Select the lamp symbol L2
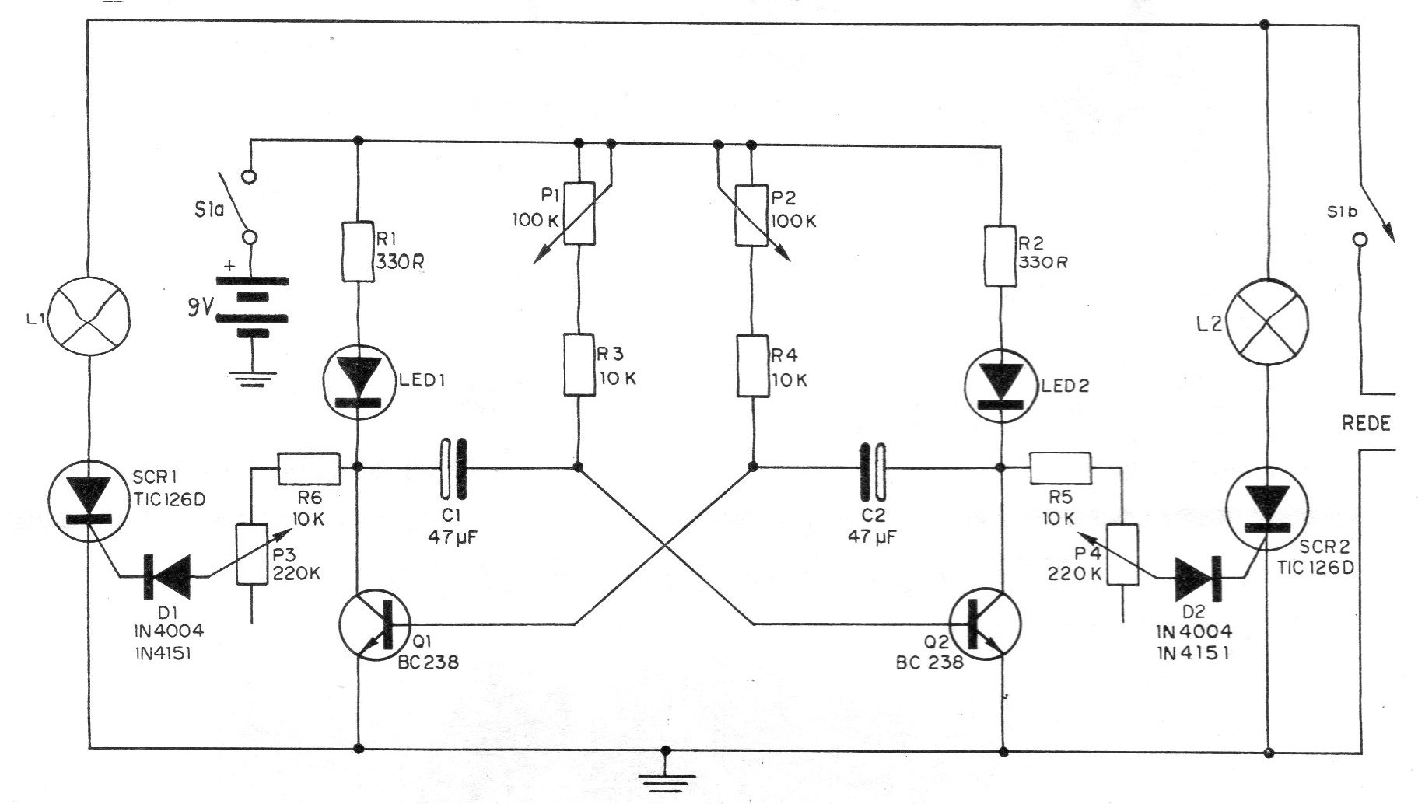click(x=1267, y=319)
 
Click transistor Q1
click(x=376, y=624)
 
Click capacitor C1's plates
click(x=453, y=468)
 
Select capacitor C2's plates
click(x=871, y=468)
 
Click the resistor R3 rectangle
click(x=579, y=365)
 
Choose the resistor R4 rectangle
click(x=753, y=365)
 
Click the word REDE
click(x=1366, y=424)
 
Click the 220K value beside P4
click(x=1075, y=574)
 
